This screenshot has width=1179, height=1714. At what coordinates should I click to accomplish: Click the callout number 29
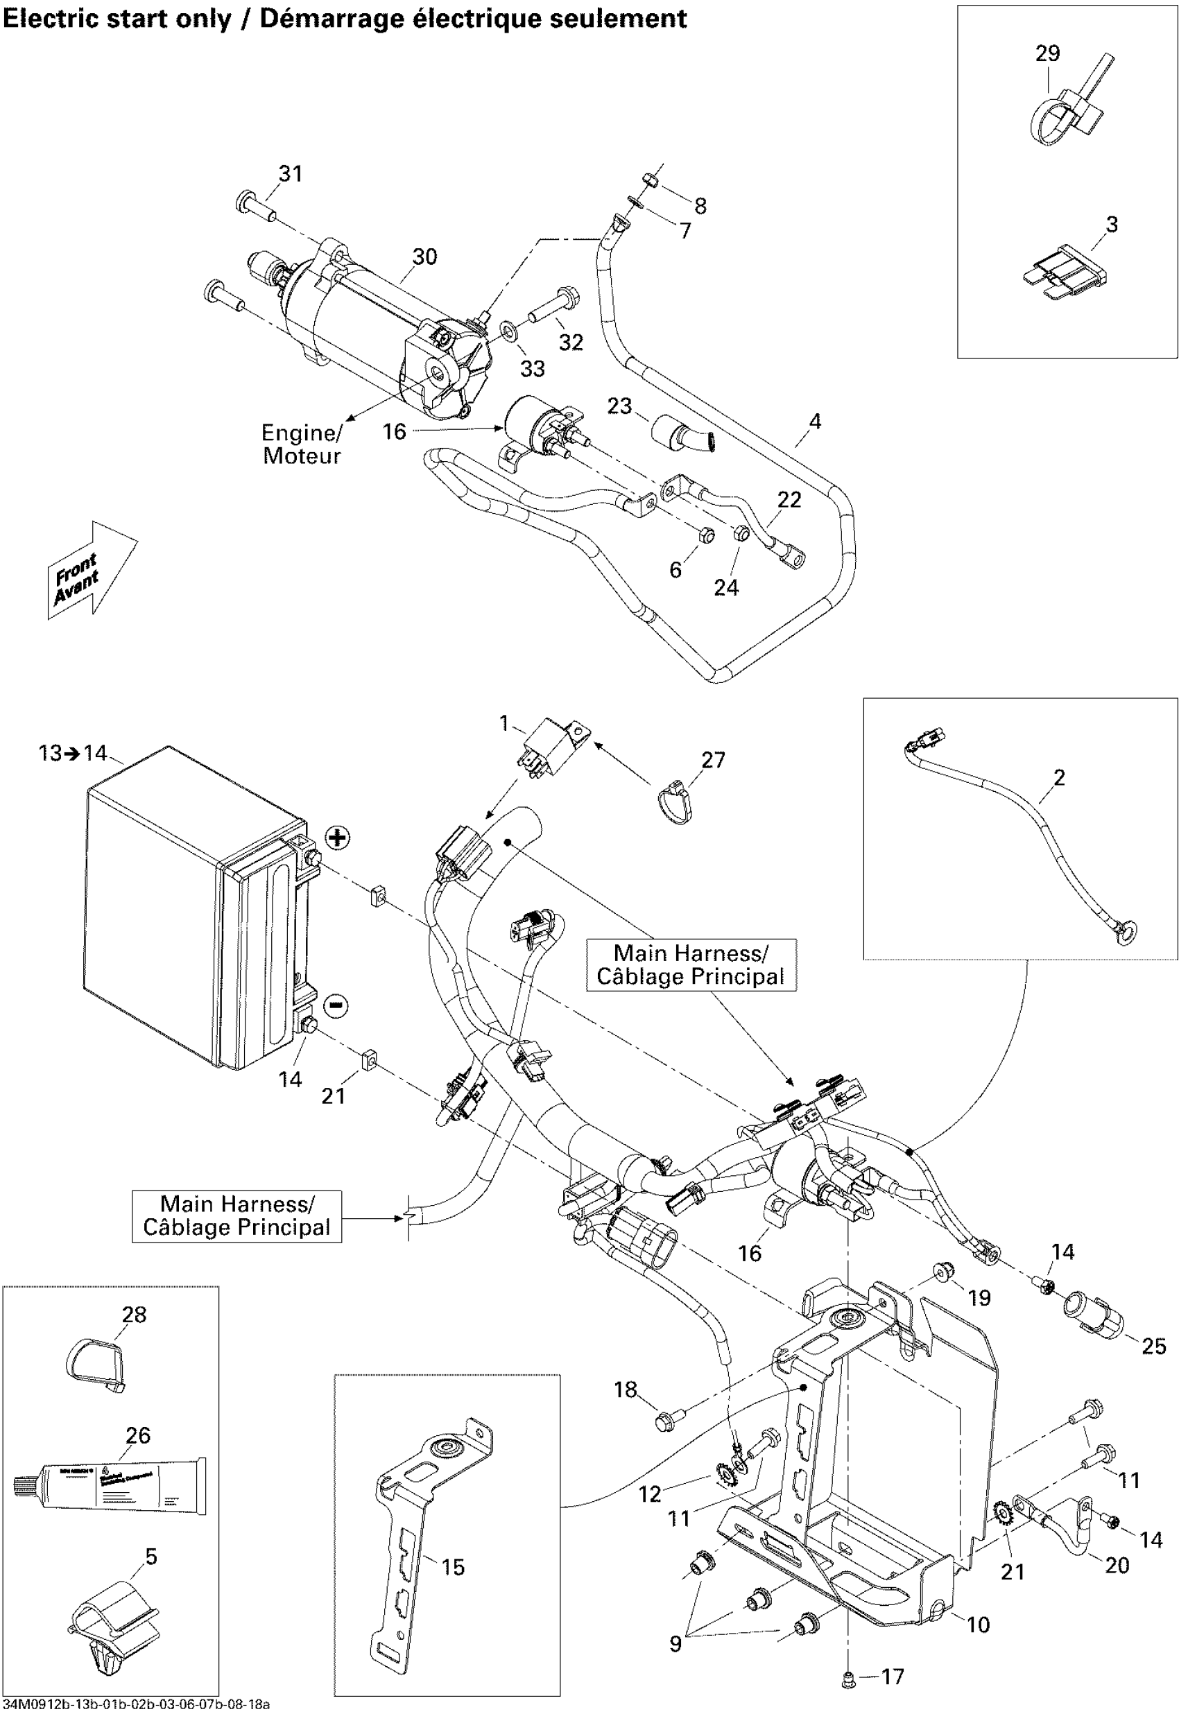click(x=1047, y=54)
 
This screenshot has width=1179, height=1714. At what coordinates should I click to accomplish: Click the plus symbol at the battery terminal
click(x=337, y=838)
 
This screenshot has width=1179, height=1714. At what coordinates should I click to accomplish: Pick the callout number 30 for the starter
click(x=424, y=257)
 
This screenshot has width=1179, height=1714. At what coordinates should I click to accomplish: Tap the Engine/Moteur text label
click(x=302, y=444)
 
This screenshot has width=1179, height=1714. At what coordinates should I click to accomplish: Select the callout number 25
click(x=1154, y=1347)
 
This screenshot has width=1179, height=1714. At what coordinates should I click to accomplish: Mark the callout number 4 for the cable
click(x=815, y=421)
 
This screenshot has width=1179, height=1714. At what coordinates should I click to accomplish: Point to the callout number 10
click(x=978, y=1625)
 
